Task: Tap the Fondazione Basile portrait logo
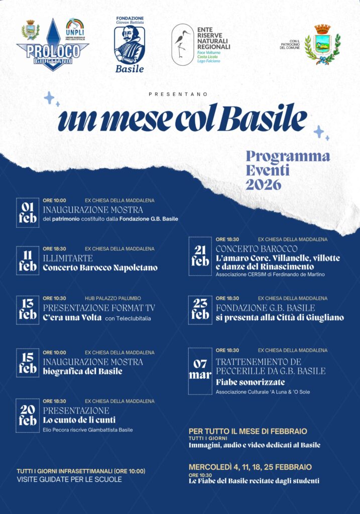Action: (130, 45)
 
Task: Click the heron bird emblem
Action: (182, 44)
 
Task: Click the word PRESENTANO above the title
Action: (178, 94)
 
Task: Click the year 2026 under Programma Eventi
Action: (263, 185)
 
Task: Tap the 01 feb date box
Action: (28, 212)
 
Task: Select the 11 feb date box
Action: (28, 261)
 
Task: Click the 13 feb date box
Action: (28, 310)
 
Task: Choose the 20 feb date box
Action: (28, 414)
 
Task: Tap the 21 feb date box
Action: (200, 256)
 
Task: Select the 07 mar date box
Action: (200, 370)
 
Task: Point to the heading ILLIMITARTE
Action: (68, 258)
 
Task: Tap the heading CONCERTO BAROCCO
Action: (257, 249)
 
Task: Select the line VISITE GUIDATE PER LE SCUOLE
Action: (69, 479)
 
